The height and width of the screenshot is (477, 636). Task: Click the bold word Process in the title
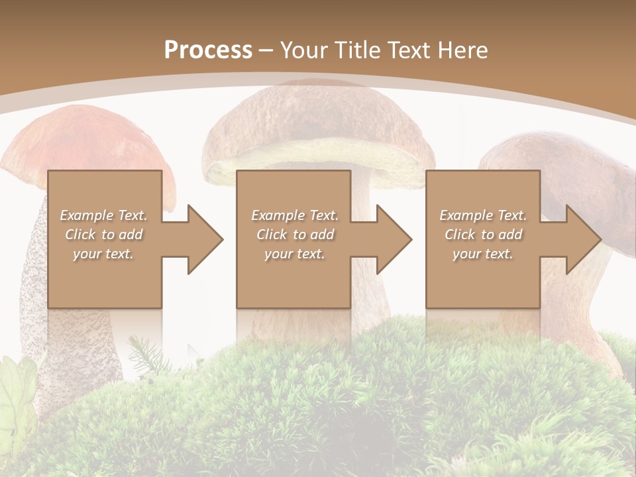pyautogui.click(x=208, y=50)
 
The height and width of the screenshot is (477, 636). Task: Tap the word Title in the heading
pyautogui.click(x=358, y=50)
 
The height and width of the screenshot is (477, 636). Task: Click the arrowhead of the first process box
pyautogui.click(x=202, y=239)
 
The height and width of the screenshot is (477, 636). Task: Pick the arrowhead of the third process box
pyautogui.click(x=580, y=239)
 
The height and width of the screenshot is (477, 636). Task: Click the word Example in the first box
pyautogui.click(x=87, y=215)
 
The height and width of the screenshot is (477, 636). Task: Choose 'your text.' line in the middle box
pyautogui.click(x=295, y=254)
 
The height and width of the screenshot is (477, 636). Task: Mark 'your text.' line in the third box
pyautogui.click(x=483, y=254)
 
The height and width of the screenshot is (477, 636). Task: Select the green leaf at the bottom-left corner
pyautogui.click(x=17, y=391)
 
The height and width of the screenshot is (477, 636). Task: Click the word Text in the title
pyautogui.click(x=407, y=50)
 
